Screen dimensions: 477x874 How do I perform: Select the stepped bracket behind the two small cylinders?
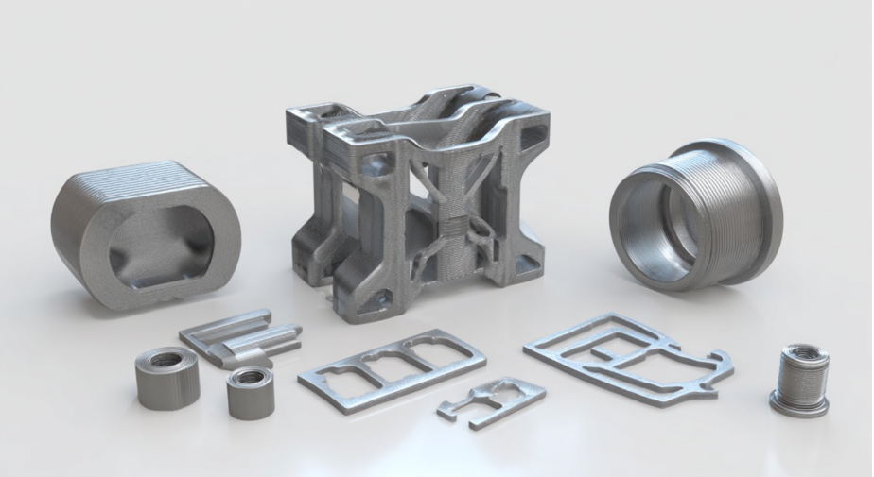click(241, 335)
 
